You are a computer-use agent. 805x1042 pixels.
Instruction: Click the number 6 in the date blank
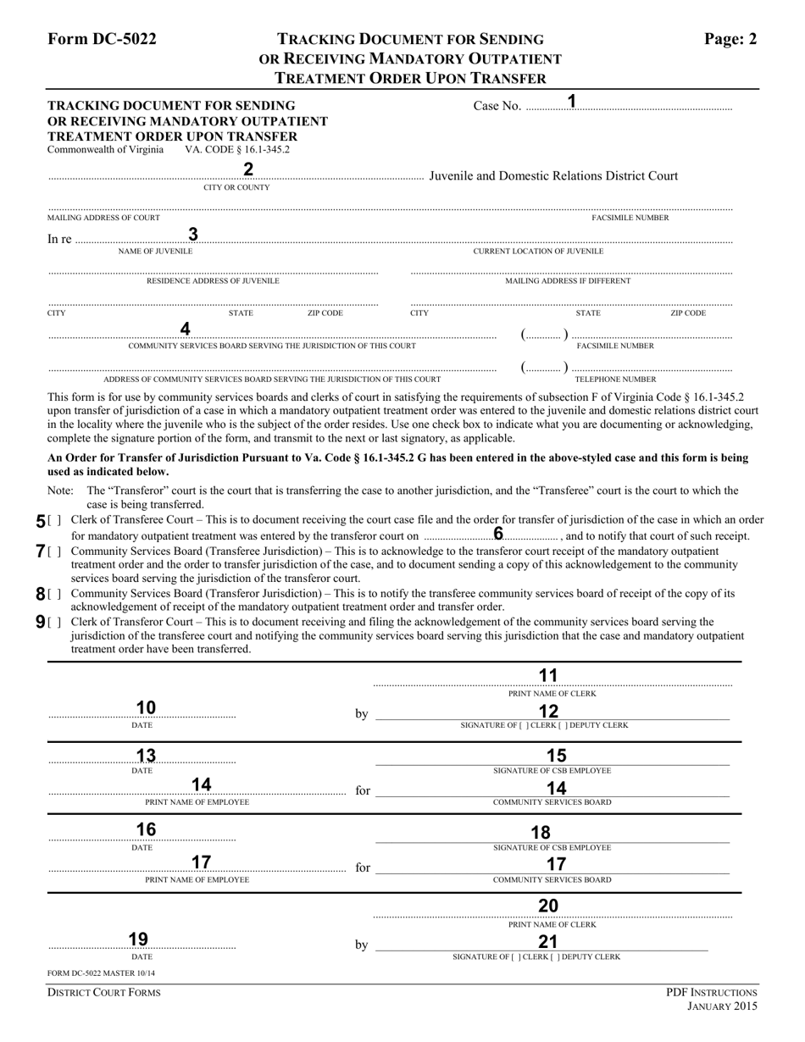pos(498,534)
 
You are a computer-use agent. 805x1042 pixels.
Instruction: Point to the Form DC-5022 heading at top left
pos(102,39)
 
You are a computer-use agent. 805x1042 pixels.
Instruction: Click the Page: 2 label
pos(730,39)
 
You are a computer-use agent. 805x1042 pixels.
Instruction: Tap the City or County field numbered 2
pos(248,169)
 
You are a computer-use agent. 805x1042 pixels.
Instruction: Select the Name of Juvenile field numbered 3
pos(193,235)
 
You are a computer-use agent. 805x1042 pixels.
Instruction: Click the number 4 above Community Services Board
pos(186,329)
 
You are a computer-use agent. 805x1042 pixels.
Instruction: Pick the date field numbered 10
pos(146,708)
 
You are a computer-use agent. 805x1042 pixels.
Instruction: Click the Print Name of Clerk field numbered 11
pos(549,676)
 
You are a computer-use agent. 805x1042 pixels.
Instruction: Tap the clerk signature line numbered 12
pos(549,712)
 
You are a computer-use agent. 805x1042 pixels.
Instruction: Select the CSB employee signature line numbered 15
pos(556,757)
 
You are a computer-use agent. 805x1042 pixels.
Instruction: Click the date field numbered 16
pos(146,830)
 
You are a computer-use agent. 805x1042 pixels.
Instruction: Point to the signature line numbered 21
pos(547,943)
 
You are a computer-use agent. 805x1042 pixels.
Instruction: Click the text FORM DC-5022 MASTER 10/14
pos(101,973)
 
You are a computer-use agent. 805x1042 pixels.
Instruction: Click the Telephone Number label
pos(615,380)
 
